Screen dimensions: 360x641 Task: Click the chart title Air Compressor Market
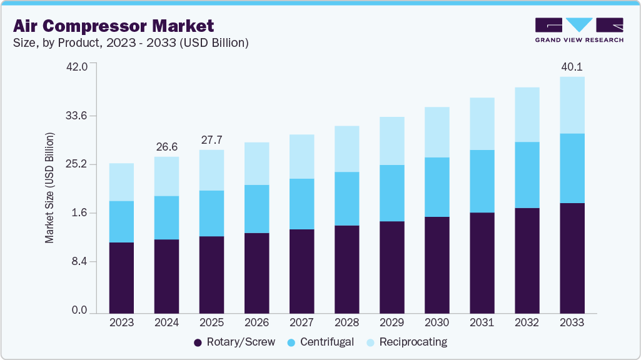pyautogui.click(x=114, y=26)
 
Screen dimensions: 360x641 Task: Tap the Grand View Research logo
pyautogui.click(x=579, y=30)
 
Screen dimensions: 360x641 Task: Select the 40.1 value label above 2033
pyautogui.click(x=572, y=67)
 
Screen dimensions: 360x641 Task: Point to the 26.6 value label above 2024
pyautogui.click(x=166, y=147)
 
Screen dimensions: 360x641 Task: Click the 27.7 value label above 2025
pyautogui.click(x=211, y=140)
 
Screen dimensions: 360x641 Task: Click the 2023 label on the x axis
pyautogui.click(x=121, y=322)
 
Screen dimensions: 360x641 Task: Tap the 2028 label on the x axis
pyautogui.click(x=346, y=322)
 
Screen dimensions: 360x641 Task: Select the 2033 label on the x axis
pyautogui.click(x=572, y=322)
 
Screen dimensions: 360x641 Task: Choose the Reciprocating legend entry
pyautogui.click(x=406, y=342)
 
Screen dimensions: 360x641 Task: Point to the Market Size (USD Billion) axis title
pyautogui.click(x=49, y=188)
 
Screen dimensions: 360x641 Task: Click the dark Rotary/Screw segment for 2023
pyautogui.click(x=121, y=277)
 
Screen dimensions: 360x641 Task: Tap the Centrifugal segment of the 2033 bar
pyautogui.click(x=572, y=168)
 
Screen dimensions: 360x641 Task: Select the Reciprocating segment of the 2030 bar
pyautogui.click(x=437, y=132)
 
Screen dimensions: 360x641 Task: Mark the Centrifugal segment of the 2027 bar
pyautogui.click(x=301, y=204)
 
